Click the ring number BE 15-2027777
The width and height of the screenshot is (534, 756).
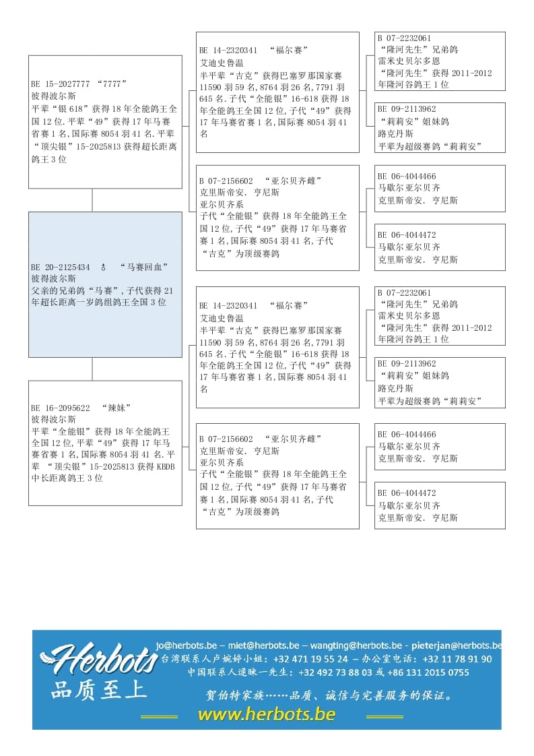(x=60, y=84)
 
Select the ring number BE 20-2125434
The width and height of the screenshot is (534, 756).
(x=60, y=267)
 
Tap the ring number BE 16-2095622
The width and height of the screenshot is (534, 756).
(x=60, y=408)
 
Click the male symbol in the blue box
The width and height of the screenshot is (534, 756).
(x=103, y=267)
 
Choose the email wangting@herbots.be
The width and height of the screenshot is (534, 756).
(x=354, y=645)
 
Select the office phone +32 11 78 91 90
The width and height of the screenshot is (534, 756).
(x=458, y=659)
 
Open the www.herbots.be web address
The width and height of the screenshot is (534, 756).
(x=267, y=714)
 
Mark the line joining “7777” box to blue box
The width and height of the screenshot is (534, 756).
(x=92, y=200)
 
